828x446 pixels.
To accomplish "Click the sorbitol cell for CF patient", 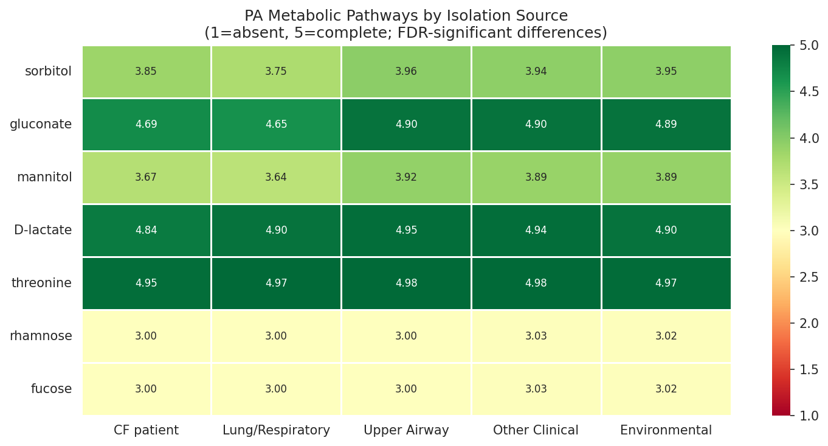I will [146, 72].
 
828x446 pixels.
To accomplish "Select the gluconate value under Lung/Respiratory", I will [276, 125].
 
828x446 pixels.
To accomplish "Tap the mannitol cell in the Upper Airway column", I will [406, 178].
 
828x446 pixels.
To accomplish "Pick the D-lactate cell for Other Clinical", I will [536, 231].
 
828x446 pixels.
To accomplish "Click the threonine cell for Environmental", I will [666, 284].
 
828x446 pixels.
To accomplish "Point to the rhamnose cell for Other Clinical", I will [536, 336].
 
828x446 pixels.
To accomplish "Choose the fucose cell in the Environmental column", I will [666, 389].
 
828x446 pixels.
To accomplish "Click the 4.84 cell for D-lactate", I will [146, 231].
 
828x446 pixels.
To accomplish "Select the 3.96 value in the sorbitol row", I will [406, 72].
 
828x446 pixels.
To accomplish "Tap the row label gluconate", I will [41, 125].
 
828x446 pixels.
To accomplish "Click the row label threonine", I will [41, 284].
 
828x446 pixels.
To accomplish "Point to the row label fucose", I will [51, 389].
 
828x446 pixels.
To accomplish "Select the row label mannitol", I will [44, 178].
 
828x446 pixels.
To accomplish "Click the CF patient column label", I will [146, 431].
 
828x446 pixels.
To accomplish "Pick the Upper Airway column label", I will [406, 431].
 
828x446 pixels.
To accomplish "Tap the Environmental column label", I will [666, 431].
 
